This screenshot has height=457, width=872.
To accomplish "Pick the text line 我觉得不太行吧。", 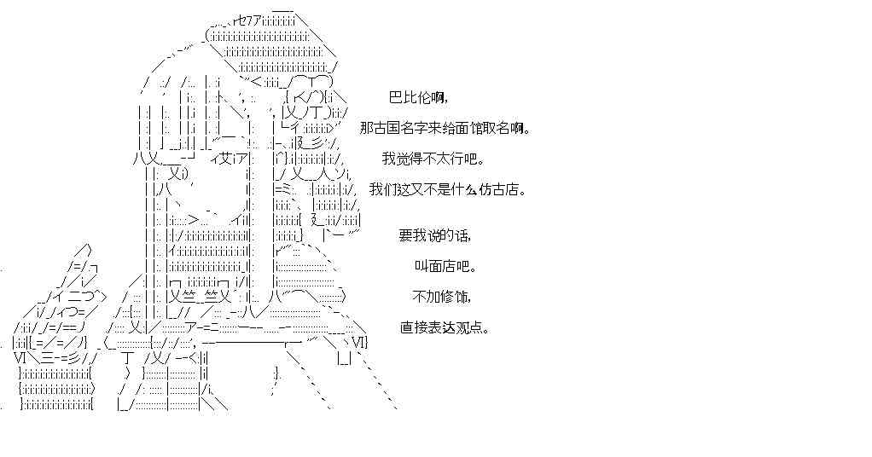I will click(433, 159).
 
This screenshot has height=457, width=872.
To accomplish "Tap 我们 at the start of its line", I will click(382, 189).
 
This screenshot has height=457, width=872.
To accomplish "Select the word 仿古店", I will click(492, 189).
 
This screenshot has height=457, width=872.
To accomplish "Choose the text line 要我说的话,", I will click(434, 235).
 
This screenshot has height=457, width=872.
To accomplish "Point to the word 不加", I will click(425, 297).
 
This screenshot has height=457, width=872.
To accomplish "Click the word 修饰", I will click(451, 297).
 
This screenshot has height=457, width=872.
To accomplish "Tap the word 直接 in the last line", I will click(412, 327).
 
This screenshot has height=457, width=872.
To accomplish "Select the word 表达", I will click(439, 327).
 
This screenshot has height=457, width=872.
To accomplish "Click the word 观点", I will click(464, 327).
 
